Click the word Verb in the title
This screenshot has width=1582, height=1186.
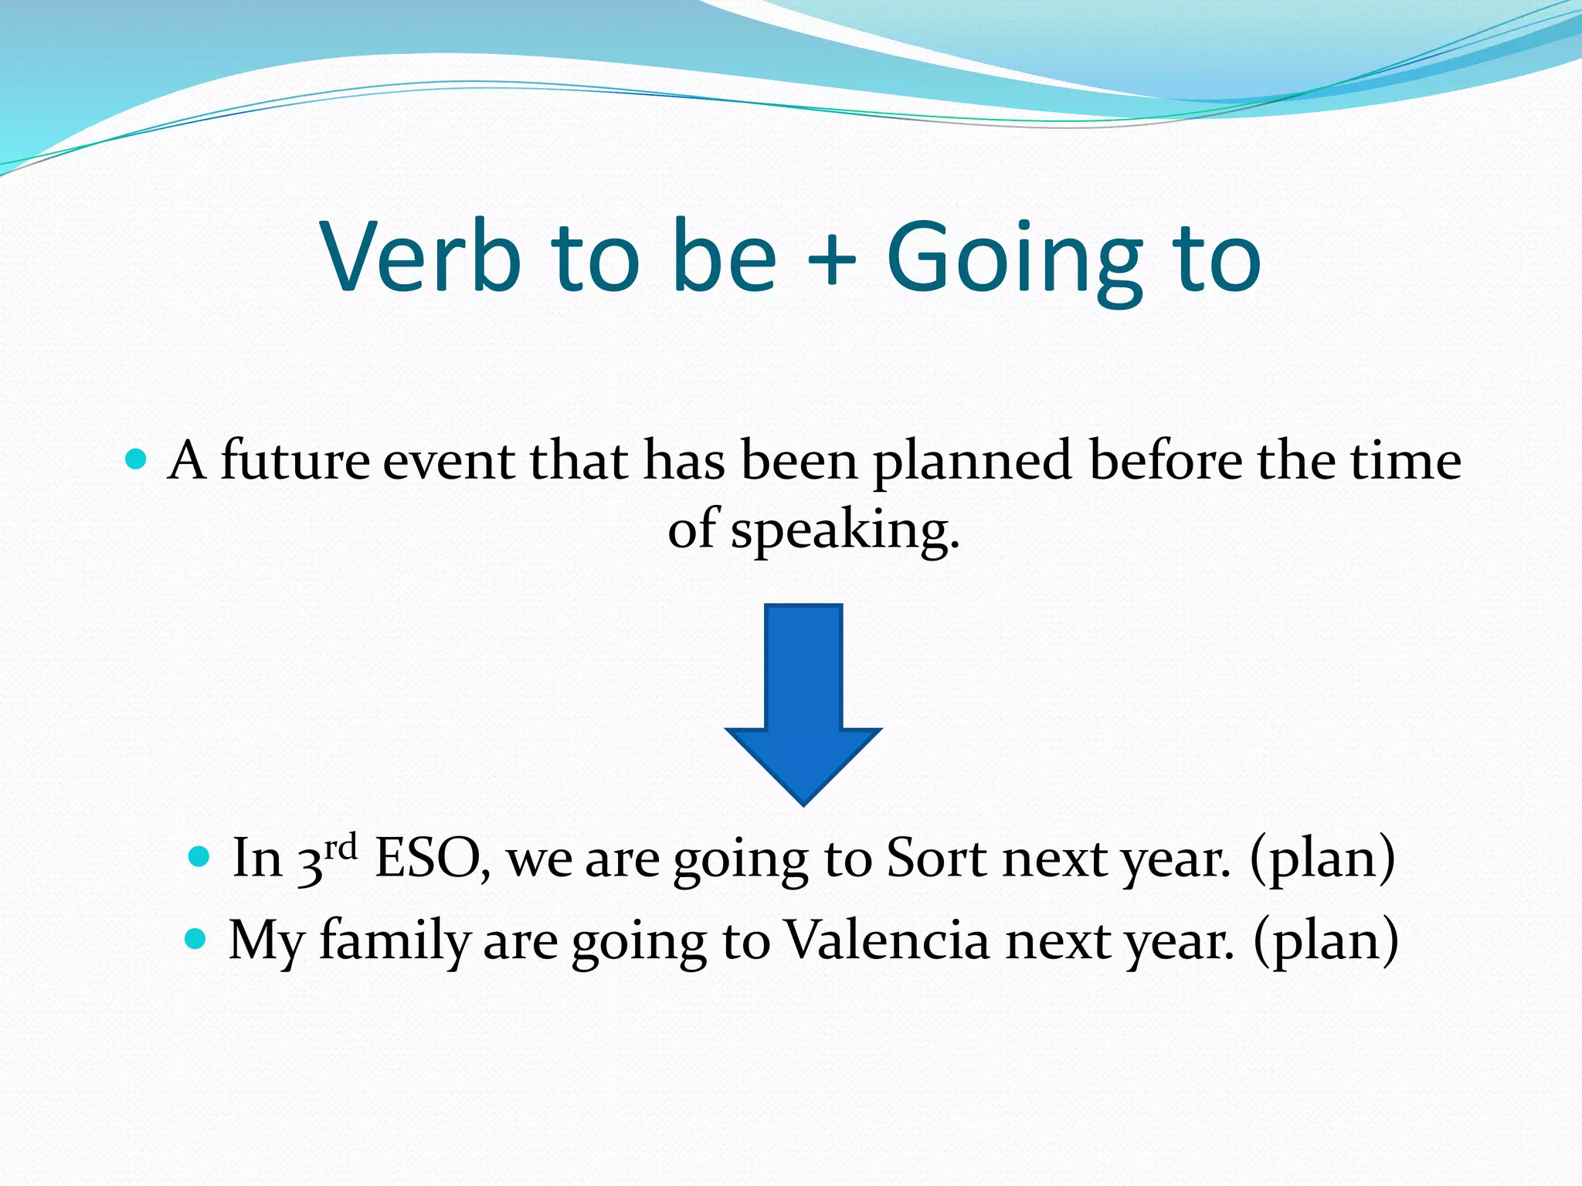(x=421, y=256)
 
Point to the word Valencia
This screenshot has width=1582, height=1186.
(x=887, y=940)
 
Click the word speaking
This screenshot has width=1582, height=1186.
(x=845, y=531)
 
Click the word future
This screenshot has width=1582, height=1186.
(x=295, y=461)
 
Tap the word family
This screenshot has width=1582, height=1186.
(x=395, y=940)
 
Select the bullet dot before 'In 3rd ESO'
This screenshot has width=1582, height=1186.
(x=199, y=856)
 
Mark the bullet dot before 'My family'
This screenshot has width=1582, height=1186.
(x=196, y=939)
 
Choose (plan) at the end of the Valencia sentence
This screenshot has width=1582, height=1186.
(x=1326, y=940)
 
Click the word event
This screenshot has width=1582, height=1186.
(x=448, y=461)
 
